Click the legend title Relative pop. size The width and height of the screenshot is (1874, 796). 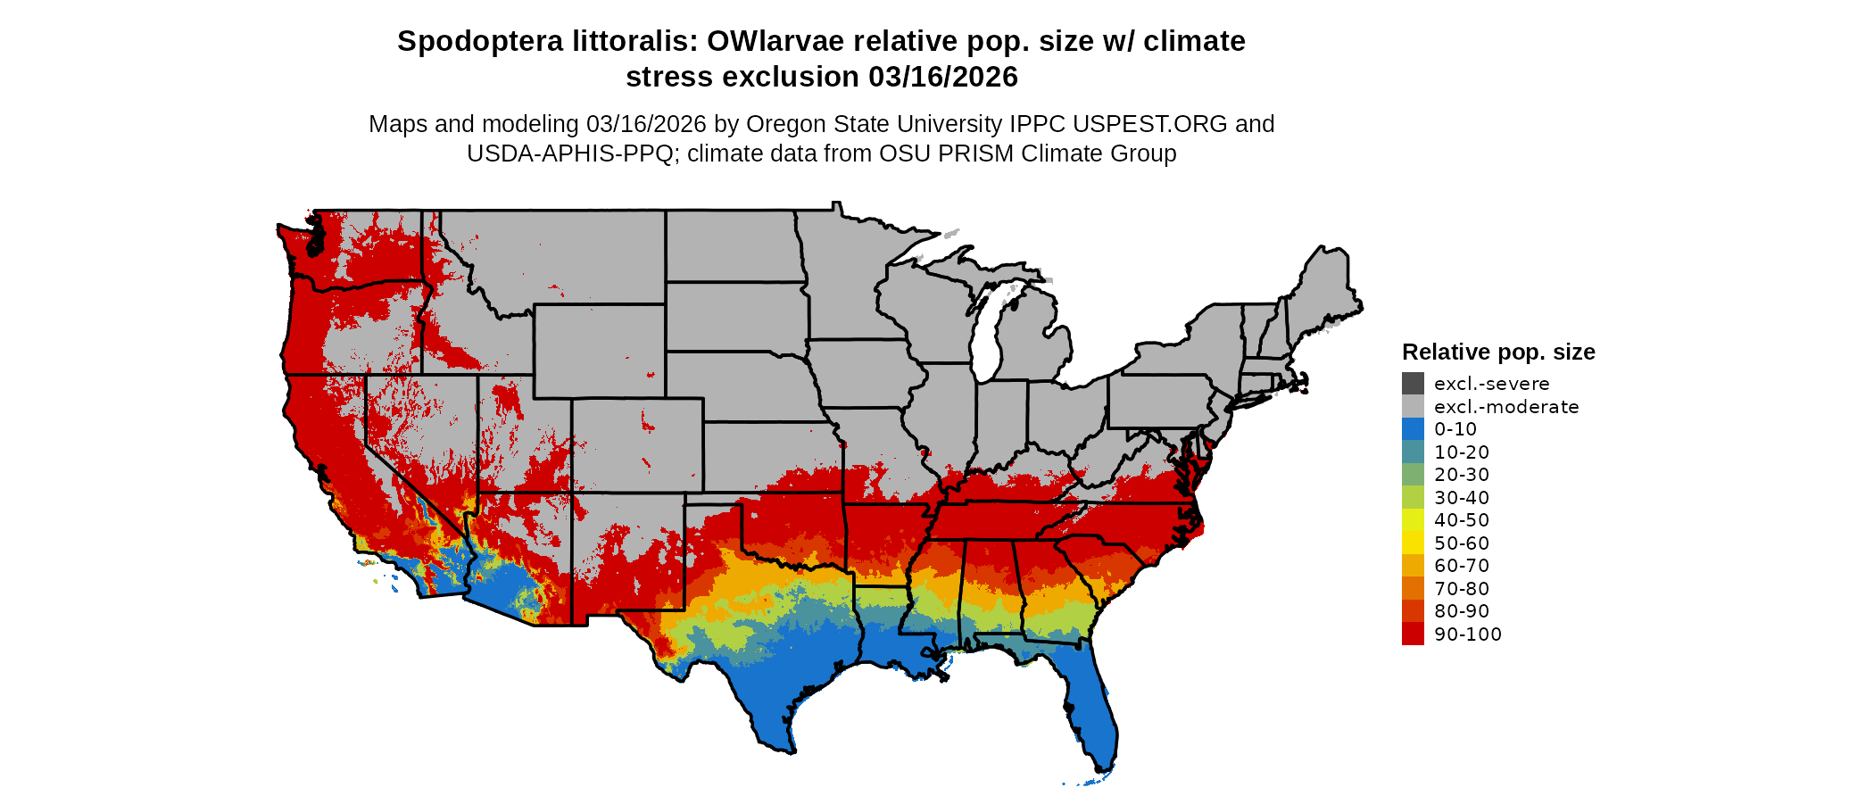pyautogui.click(x=1497, y=352)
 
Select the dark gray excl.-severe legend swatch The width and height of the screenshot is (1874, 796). pyautogui.click(x=1413, y=384)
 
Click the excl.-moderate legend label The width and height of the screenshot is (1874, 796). pyautogui.click(x=1505, y=407)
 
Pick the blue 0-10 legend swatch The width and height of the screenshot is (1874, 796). pyautogui.click(x=1413, y=429)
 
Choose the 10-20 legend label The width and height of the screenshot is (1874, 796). pyautogui.click(x=1461, y=452)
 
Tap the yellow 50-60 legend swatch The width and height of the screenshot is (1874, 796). pyautogui.click(x=1413, y=543)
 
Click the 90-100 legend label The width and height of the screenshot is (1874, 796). pyautogui.click(x=1467, y=634)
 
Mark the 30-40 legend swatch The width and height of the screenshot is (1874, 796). pyautogui.click(x=1413, y=498)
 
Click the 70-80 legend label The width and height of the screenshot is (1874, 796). pyautogui.click(x=1461, y=589)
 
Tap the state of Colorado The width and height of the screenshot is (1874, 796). pyautogui.click(x=637, y=445)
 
